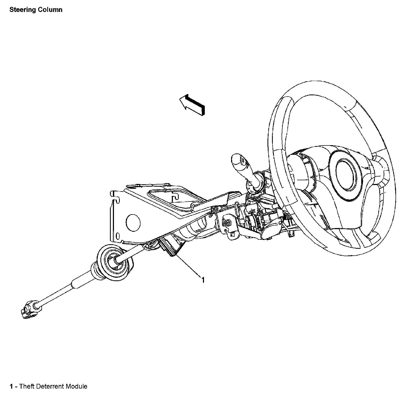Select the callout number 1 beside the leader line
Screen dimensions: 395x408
point(203,280)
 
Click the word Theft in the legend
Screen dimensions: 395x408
point(27,386)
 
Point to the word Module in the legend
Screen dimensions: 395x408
point(77,386)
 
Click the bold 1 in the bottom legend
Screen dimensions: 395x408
point(11,386)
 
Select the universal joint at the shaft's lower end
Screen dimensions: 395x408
point(30,310)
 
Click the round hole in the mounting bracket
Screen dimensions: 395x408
point(133,222)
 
